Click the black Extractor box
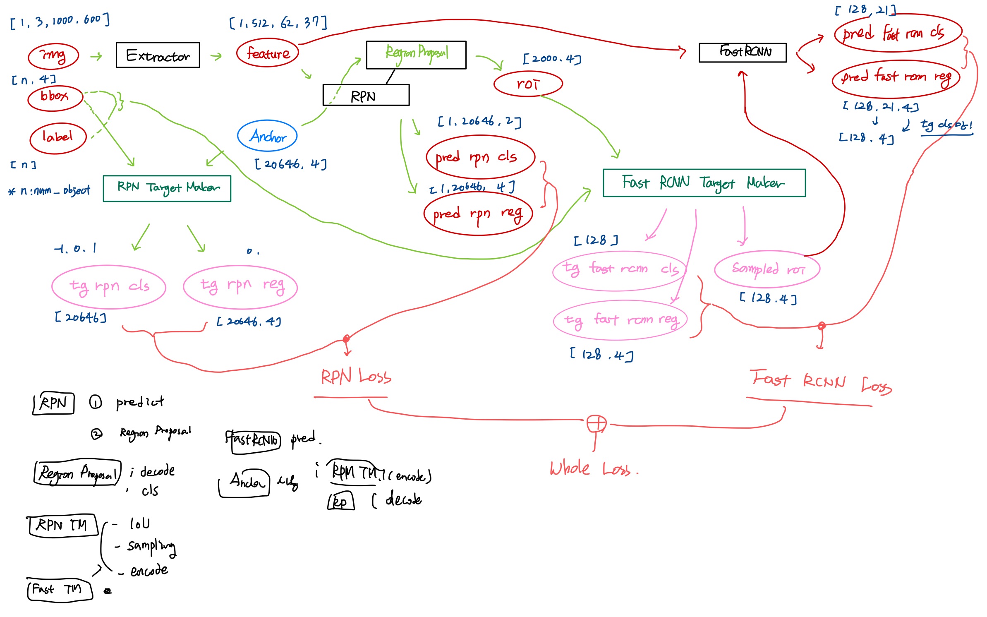pos(158,55)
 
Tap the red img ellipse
pos(53,56)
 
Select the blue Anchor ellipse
pos(267,136)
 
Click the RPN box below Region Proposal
pos(366,96)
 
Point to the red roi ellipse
pos(528,84)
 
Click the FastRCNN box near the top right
pos(742,52)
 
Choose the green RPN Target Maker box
pos(167,188)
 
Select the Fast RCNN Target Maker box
pos(704,182)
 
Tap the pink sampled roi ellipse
pos(767,269)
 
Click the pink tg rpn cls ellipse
pos(109,286)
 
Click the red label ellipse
pos(58,137)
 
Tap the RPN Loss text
pos(356,377)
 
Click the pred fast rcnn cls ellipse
pos(898,33)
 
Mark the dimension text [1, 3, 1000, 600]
pos(60,21)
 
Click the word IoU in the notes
pos(140,524)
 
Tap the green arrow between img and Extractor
pos(96,56)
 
